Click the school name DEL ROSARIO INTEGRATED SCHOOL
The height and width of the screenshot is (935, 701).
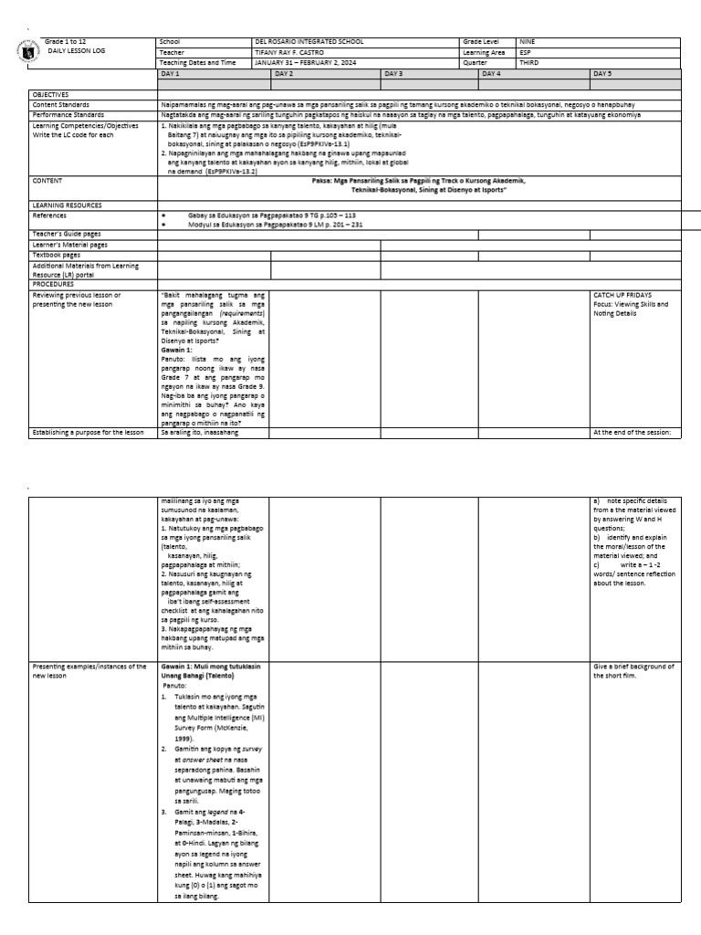pos(309,42)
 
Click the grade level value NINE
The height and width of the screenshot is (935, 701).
pos(528,42)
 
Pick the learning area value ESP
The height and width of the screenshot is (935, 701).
pos(526,52)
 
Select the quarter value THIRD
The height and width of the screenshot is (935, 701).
pos(529,62)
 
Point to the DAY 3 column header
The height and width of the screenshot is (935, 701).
pos(394,72)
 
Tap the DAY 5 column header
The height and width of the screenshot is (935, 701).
pos(603,72)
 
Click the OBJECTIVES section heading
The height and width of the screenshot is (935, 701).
pos(52,94)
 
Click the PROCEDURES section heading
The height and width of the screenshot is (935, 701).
pos(54,284)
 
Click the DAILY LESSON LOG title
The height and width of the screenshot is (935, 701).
pos(77,52)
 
